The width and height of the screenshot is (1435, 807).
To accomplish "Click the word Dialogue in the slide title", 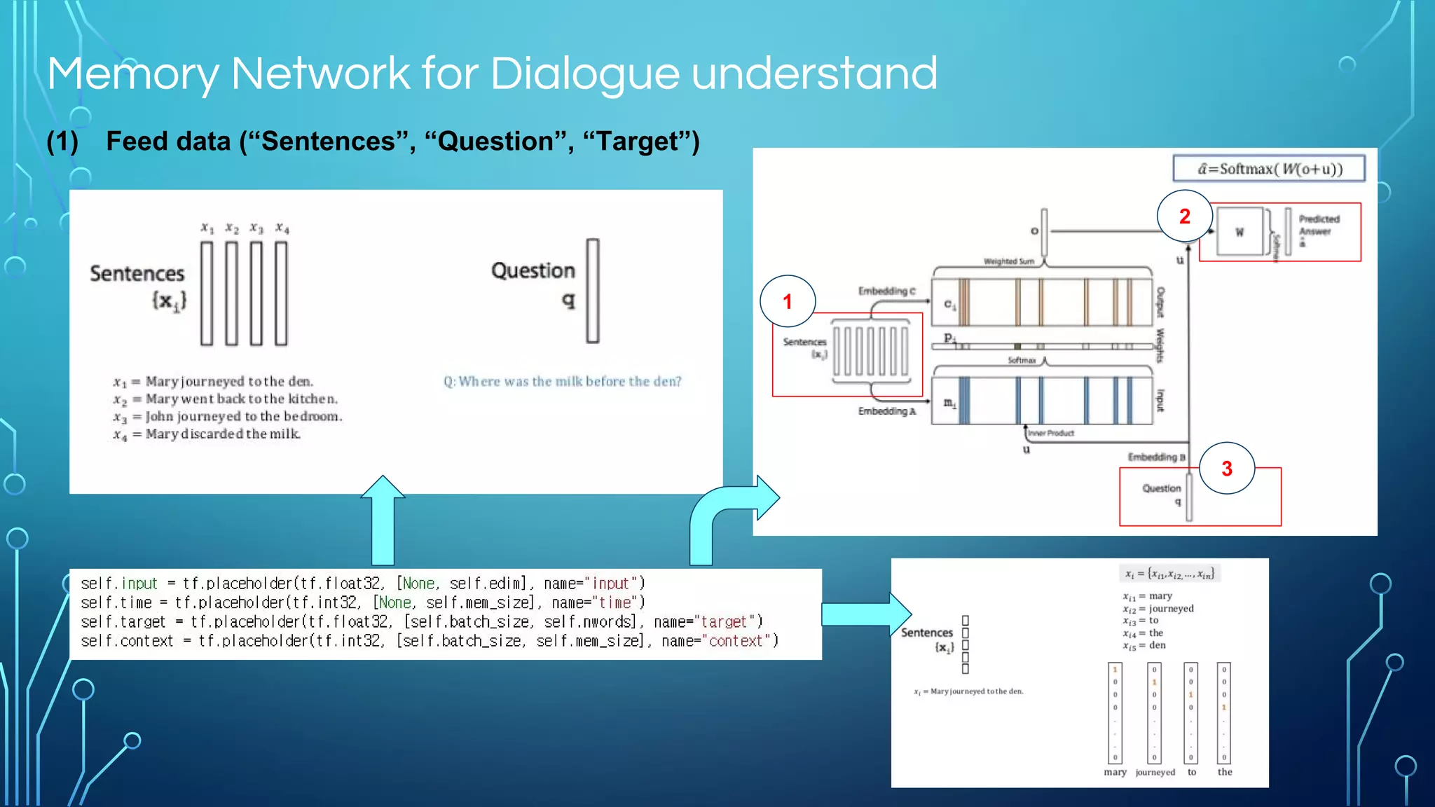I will coord(584,73).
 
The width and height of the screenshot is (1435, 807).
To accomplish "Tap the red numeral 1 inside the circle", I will coord(788,301).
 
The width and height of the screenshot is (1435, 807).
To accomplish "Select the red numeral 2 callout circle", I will coord(1184,216).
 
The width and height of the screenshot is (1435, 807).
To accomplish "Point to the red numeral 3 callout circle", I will coord(1226,468).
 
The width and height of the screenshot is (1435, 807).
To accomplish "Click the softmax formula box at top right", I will coord(1269,169).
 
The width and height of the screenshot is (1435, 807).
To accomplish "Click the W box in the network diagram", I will coord(1240,232).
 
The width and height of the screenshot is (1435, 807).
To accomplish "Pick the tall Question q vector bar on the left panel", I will coord(593,291).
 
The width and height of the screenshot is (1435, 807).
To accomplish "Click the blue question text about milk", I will coord(562,381).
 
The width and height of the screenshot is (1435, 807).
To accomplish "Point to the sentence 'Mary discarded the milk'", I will coord(223,434).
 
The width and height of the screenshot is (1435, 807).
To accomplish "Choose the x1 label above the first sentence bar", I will coord(207,228).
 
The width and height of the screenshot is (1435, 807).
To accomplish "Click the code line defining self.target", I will coord(420,621).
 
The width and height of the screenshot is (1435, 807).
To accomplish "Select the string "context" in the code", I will coord(735,641).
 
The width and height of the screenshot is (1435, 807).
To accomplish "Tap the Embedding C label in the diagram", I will coord(886,291).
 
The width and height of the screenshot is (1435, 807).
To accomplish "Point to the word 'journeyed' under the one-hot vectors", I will coord(1155,772).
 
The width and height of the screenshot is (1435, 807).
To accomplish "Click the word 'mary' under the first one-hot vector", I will coord(1115,772).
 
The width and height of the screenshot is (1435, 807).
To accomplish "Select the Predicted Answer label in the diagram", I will coord(1318,226).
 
